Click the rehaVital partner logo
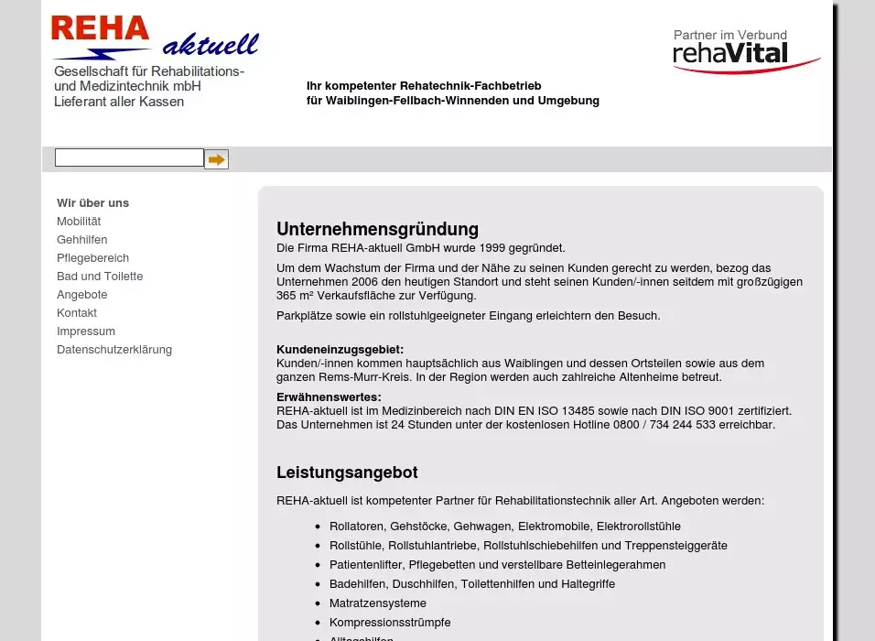pyautogui.click(x=745, y=51)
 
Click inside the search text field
pyautogui.click(x=129, y=158)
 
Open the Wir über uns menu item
pyautogui.click(x=92, y=202)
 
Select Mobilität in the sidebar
pyautogui.click(x=79, y=221)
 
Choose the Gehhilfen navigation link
pyautogui.click(x=81, y=239)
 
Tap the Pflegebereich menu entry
pyautogui.click(x=92, y=257)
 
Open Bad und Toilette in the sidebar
pyautogui.click(x=100, y=276)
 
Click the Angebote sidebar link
pyautogui.click(x=81, y=294)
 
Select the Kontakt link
pyautogui.click(x=77, y=312)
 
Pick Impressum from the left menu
pyautogui.click(x=86, y=331)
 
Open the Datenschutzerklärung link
pyautogui.click(x=114, y=349)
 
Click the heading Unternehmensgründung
pyautogui.click(x=377, y=229)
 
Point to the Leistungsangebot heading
pyautogui.click(x=347, y=473)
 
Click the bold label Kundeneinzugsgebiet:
pyautogui.click(x=340, y=349)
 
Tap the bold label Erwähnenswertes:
pyautogui.click(x=329, y=397)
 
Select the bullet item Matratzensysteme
pyautogui.click(x=378, y=603)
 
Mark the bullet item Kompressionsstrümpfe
pyautogui.click(x=390, y=622)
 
